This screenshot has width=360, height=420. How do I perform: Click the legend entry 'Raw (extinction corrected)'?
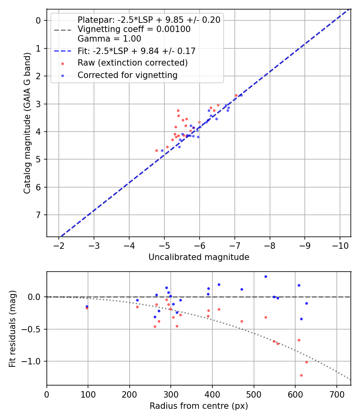132,63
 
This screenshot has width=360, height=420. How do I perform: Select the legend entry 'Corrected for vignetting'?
127,75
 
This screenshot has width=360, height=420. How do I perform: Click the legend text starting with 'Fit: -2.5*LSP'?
136,51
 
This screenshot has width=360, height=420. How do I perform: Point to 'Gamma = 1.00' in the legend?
109,39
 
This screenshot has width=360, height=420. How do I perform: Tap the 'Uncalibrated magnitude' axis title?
199,257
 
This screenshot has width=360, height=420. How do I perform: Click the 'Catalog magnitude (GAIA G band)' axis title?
27,123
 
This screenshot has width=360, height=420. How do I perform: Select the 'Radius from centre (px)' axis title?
199,406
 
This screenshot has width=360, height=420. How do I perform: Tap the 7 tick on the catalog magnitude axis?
39,215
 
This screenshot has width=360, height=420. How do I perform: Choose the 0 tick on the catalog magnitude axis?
39,20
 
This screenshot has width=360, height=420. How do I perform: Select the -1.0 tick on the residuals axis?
34,361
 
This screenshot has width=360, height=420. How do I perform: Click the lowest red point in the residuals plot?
301,375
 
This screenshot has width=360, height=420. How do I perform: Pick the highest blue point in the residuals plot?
266,276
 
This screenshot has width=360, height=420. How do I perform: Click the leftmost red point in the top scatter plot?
156,150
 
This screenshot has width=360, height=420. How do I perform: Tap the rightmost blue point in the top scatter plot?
241,95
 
